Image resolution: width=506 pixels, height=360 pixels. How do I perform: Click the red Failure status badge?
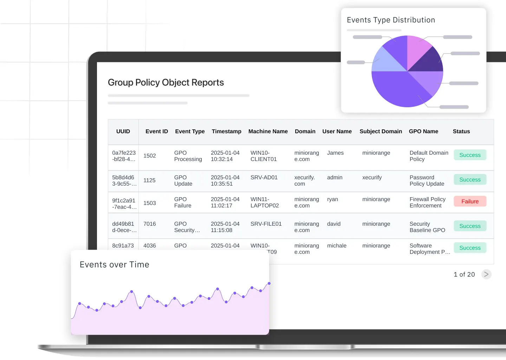pyautogui.click(x=470, y=201)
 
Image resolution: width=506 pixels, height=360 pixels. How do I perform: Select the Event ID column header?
pyautogui.click(x=157, y=131)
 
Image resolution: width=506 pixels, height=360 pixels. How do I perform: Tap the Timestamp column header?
pyautogui.click(x=226, y=131)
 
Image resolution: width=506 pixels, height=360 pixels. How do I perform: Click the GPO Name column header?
pyautogui.click(x=423, y=131)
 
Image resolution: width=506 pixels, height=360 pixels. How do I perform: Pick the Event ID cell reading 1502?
pyautogui.click(x=150, y=156)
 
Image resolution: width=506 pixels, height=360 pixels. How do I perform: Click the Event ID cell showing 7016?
pyautogui.click(x=150, y=224)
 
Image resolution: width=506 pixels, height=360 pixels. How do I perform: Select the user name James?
pyautogui.click(x=335, y=153)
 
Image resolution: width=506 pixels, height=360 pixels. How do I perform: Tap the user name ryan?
pyautogui.click(x=332, y=199)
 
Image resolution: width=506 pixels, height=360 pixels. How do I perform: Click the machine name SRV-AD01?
pyautogui.click(x=264, y=178)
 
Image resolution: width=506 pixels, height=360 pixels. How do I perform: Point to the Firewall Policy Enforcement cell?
pyautogui.click(x=427, y=202)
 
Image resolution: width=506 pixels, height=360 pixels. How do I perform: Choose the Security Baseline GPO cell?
pyautogui.click(x=427, y=227)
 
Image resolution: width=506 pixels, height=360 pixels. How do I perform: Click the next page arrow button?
pyautogui.click(x=486, y=274)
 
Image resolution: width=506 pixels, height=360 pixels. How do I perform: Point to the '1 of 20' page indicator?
pyautogui.click(x=464, y=275)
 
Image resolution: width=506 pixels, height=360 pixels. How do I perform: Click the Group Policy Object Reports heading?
pyautogui.click(x=166, y=83)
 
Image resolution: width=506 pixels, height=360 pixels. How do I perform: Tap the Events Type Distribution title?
pyautogui.click(x=391, y=20)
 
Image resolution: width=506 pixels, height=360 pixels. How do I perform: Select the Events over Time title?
pyautogui.click(x=115, y=265)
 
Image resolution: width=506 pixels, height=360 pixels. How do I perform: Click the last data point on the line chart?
pyautogui.click(x=269, y=283)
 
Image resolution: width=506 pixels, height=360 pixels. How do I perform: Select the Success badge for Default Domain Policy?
pyautogui.click(x=470, y=155)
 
